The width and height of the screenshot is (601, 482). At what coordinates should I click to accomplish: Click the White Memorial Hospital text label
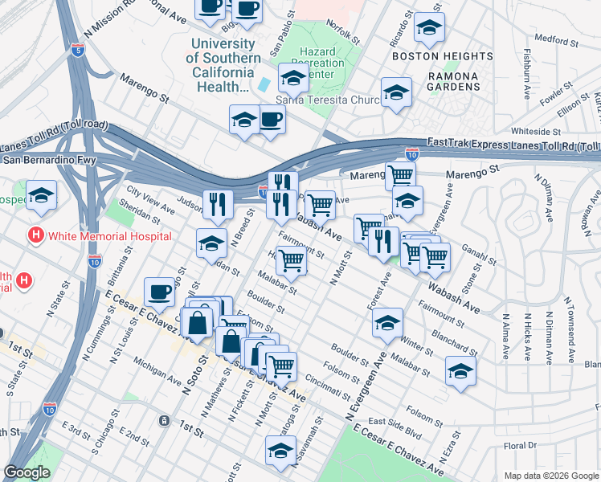[109, 236]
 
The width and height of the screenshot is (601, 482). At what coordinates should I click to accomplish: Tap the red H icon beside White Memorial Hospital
[35, 236]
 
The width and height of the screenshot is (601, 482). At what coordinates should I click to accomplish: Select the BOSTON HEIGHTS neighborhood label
[442, 56]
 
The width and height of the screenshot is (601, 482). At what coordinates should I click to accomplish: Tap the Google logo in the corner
[27, 472]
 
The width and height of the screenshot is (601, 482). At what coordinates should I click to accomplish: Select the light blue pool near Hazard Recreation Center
[264, 84]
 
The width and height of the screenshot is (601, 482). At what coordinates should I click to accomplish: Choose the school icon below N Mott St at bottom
[280, 451]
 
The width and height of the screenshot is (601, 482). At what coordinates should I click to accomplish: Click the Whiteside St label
[536, 130]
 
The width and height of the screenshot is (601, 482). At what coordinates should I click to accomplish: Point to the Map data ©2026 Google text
[550, 476]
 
